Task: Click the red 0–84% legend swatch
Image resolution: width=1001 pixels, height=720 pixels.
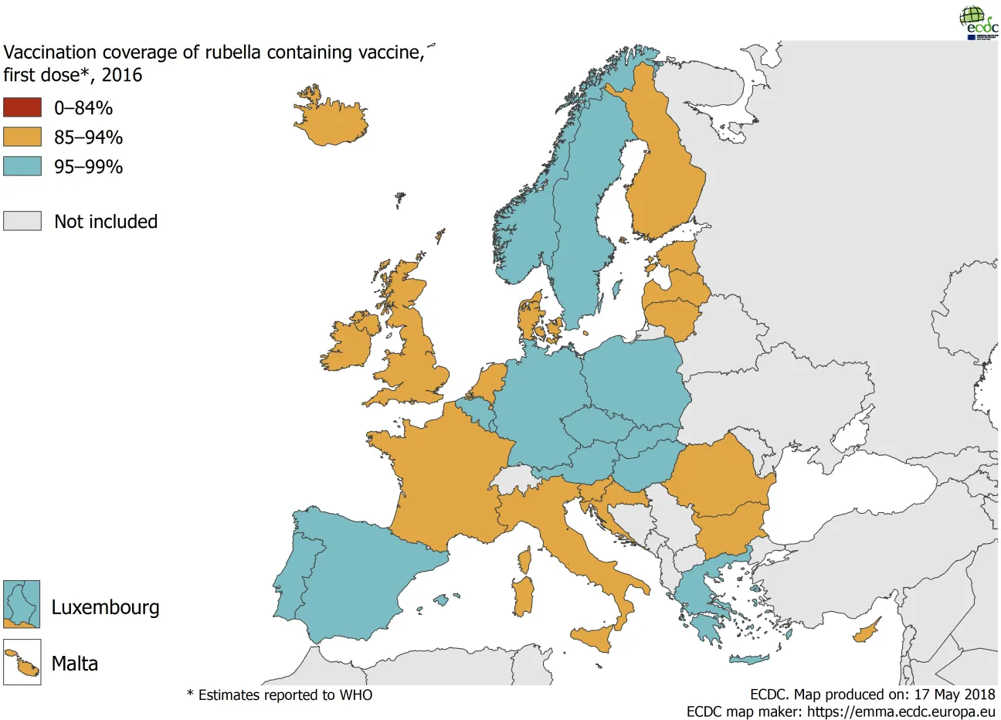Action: (22, 107)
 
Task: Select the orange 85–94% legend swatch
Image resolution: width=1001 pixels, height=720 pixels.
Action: (22, 137)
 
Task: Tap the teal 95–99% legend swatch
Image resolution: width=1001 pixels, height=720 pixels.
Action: (22, 166)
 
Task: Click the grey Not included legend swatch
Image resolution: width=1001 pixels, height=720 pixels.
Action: (22, 221)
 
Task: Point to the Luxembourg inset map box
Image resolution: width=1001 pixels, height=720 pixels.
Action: (22, 604)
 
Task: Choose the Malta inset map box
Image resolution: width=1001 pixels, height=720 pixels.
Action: (22, 662)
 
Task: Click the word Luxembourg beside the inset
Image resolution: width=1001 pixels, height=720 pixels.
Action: (105, 607)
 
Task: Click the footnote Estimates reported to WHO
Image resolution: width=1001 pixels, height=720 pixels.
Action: (280, 695)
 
